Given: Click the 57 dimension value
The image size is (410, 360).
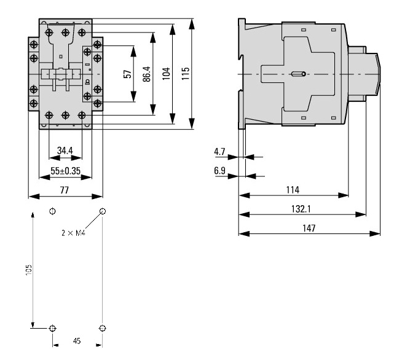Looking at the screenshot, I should (127, 73).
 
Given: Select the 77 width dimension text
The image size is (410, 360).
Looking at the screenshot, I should (65, 190).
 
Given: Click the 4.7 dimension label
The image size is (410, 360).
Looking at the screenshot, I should (219, 151).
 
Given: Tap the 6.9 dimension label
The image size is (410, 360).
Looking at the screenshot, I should (219, 170).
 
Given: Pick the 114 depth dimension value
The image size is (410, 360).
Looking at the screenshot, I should (293, 190).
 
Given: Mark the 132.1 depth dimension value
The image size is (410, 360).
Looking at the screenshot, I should (301, 208).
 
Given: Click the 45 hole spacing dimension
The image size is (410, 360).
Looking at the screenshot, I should (77, 340).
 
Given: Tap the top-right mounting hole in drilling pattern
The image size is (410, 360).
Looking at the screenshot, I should (103, 211).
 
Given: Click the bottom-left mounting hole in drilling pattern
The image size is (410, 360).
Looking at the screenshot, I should (52, 327).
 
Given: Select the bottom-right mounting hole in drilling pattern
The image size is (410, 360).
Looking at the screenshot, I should (103, 327).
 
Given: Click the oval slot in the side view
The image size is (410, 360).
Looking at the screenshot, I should (298, 74).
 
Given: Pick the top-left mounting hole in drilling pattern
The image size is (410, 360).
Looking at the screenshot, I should (52, 211).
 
